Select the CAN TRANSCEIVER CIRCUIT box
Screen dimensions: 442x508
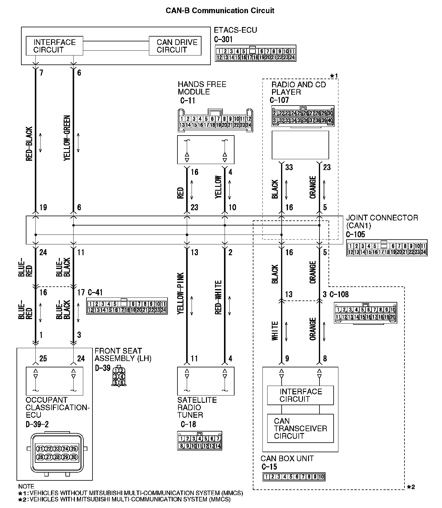pyautogui.click(x=300, y=428)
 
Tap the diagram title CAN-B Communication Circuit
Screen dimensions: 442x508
pyautogui.click(x=220, y=11)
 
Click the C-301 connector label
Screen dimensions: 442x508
pyautogui.click(x=223, y=39)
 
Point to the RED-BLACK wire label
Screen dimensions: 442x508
pyautogui.click(x=29, y=144)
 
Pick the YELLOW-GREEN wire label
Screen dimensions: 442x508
pyautogui.click(x=67, y=138)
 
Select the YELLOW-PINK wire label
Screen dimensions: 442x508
pyautogui.click(x=180, y=294)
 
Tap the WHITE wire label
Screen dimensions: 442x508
pyautogui.click(x=275, y=331)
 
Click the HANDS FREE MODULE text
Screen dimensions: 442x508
pyautogui.click(x=202, y=88)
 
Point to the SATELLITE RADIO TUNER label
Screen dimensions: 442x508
pyautogui.click(x=197, y=407)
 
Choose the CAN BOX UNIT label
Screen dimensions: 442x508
pyautogui.click(x=287, y=459)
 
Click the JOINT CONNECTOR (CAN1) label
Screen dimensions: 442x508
pyautogui.click(x=382, y=221)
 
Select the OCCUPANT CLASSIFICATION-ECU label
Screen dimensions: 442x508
pyautogui.click(x=58, y=407)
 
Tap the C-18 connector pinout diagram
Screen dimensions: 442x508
pyautogui.click(x=200, y=441)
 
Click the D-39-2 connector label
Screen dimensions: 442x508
pyautogui.click(x=37, y=424)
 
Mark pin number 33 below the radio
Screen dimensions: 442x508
pyautogui.click(x=289, y=167)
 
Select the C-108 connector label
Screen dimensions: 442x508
pyautogui.click(x=339, y=294)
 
